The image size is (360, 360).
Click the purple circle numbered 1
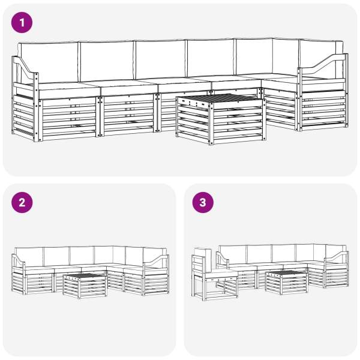point(22,23)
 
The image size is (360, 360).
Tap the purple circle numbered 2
point(22,203)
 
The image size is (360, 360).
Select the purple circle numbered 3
point(203,203)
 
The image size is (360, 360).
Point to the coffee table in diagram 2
point(85,286)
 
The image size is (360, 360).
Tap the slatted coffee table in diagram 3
point(287,283)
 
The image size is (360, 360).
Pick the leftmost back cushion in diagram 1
point(49,62)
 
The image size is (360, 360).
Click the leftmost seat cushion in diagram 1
point(69,89)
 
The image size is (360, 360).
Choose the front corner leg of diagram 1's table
point(211,124)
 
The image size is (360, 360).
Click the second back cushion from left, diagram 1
point(107,61)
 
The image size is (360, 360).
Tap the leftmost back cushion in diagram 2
point(29,257)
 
